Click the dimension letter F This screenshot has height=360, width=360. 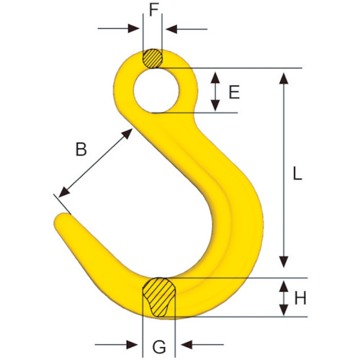click(154, 10)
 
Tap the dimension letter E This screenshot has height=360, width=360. click(234, 92)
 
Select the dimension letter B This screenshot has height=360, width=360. click(81, 149)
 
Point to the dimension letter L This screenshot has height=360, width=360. click(297, 174)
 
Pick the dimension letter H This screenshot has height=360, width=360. click(300, 298)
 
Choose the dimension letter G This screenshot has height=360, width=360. click(159, 347)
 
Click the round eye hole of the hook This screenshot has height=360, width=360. click(156, 91)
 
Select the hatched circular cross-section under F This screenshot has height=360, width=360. click(153, 58)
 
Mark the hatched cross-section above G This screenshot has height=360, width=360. click(159, 297)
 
